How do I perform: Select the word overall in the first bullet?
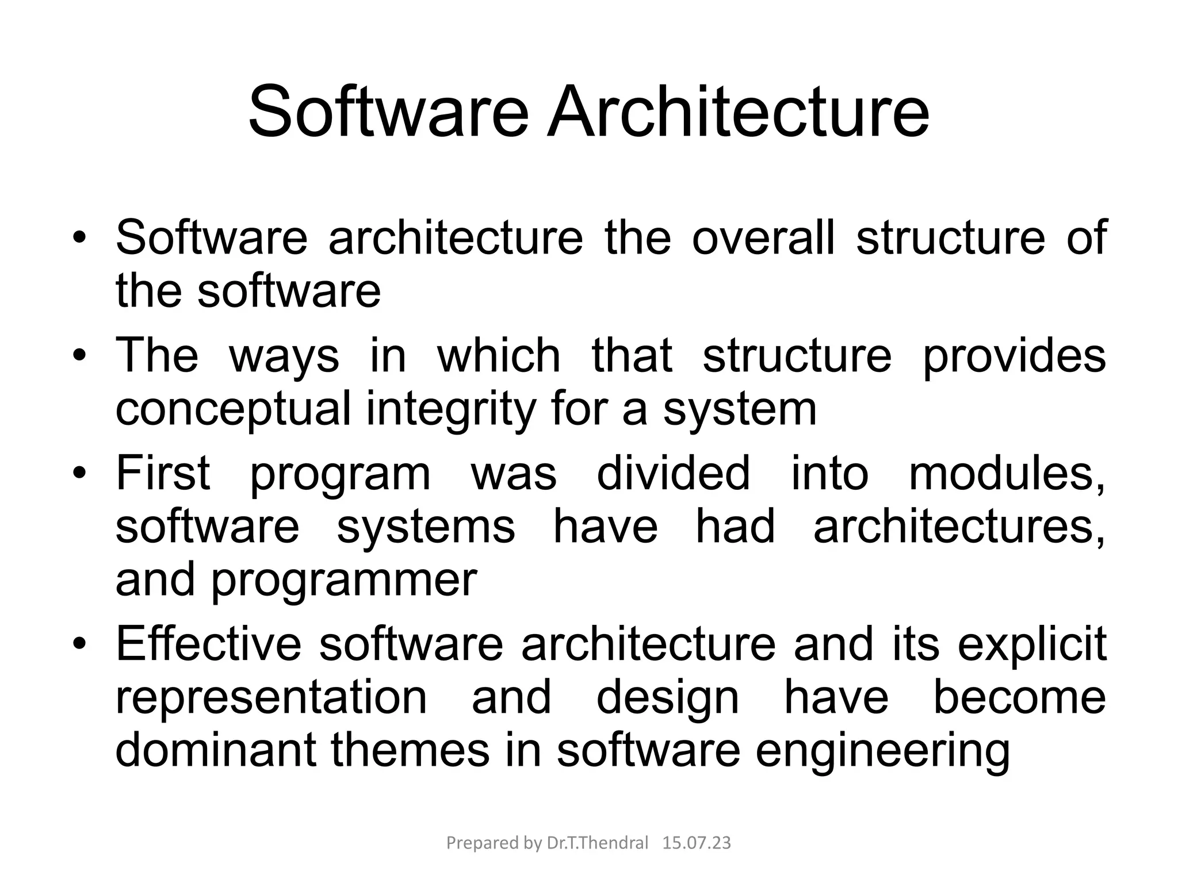(x=763, y=237)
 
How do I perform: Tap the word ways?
(x=284, y=356)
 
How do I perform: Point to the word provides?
(x=1014, y=356)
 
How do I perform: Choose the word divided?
(x=673, y=473)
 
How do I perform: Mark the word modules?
(x=1007, y=473)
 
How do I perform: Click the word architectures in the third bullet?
(x=959, y=526)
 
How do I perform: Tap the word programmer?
(x=344, y=579)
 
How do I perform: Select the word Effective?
(x=208, y=643)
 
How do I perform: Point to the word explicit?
(x=1032, y=643)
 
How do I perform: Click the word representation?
(x=271, y=697)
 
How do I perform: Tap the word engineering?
(x=882, y=750)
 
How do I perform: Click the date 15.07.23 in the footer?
(x=697, y=843)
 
